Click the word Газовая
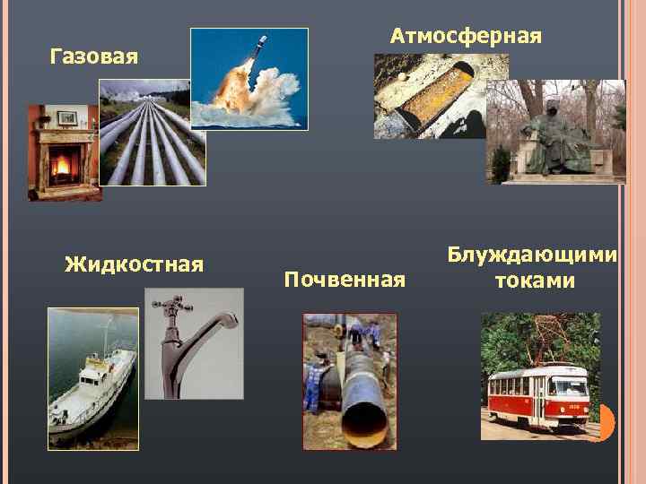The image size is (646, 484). (94, 58)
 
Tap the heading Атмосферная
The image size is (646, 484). (466, 36)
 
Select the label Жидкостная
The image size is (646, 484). (135, 264)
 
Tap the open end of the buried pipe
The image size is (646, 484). (366, 412)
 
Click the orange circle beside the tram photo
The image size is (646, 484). (607, 422)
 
